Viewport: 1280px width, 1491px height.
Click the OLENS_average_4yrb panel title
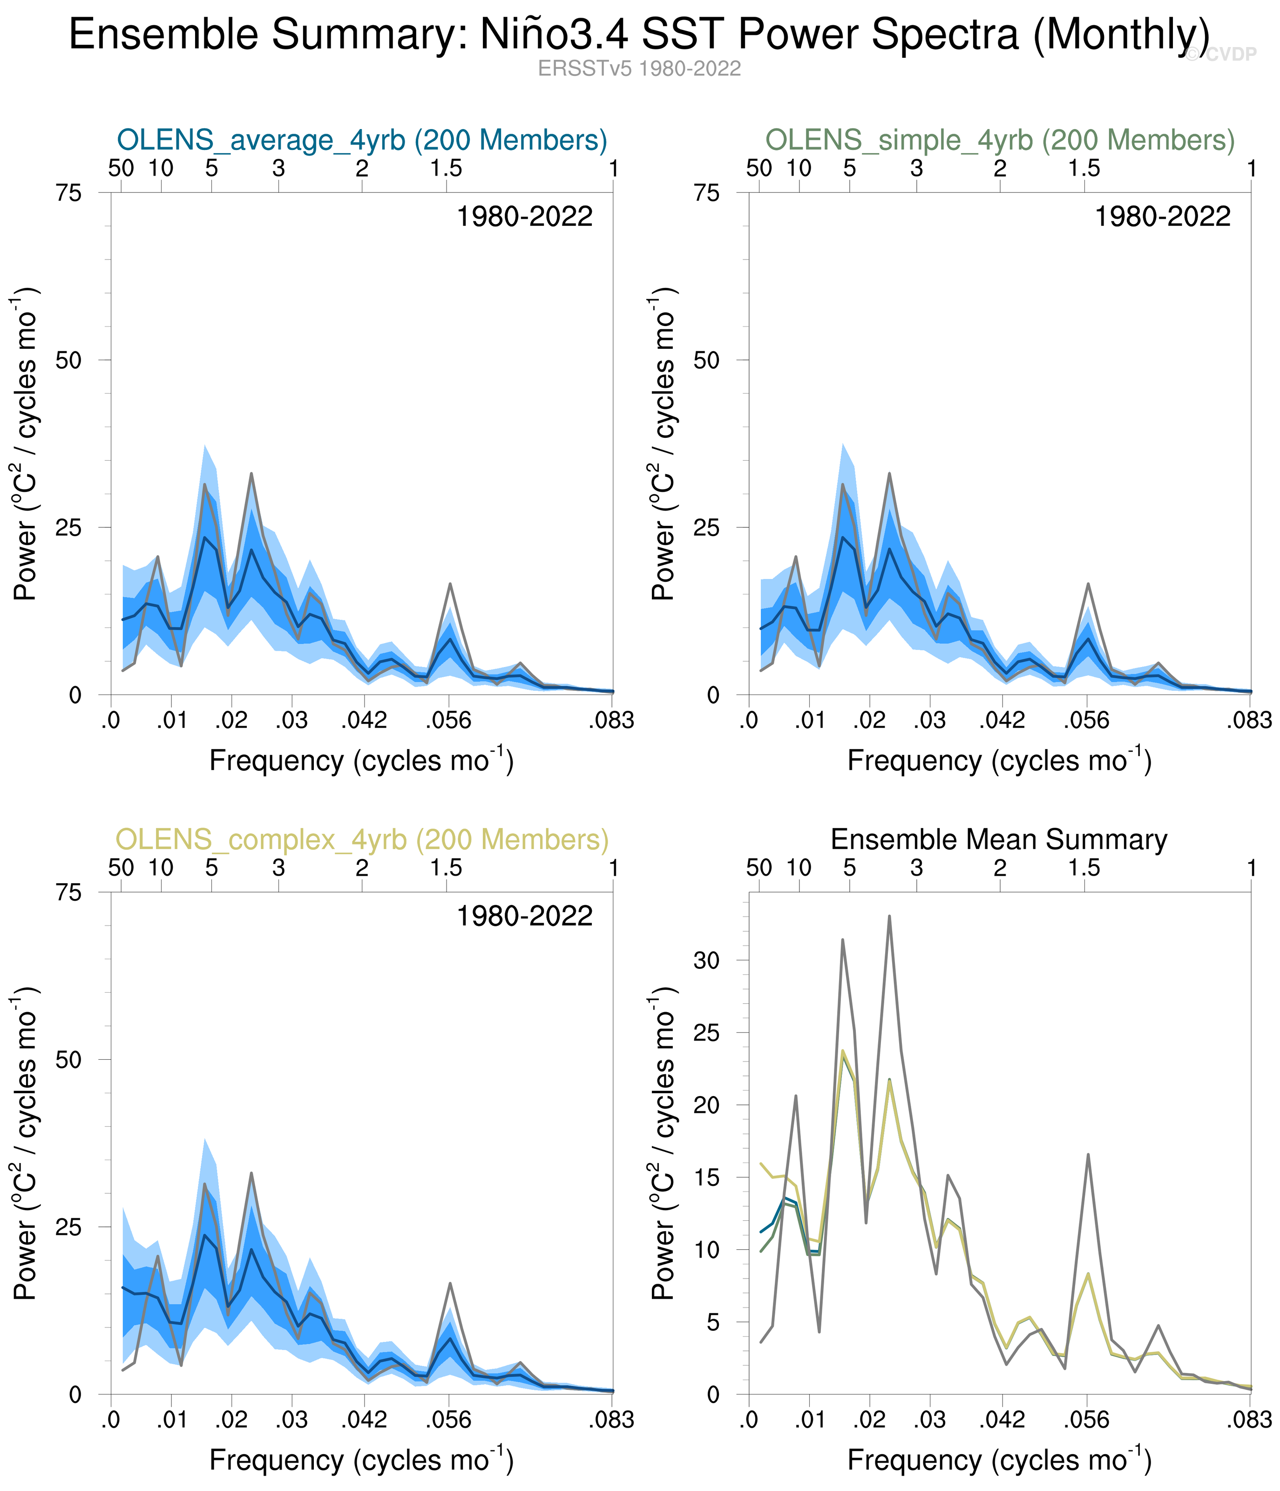[x=362, y=140]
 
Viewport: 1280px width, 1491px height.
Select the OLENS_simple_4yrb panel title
[x=999, y=140]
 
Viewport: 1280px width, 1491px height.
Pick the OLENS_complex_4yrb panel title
[x=362, y=839]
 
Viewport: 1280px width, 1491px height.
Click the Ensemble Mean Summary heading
[x=999, y=839]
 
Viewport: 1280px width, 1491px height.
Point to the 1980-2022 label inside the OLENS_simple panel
[x=1162, y=217]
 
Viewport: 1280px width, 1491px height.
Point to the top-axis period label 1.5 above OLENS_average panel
[x=446, y=169]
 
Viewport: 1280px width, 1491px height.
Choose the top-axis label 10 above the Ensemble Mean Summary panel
[x=799, y=868]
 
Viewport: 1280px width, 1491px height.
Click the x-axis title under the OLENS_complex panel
[x=362, y=1461]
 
